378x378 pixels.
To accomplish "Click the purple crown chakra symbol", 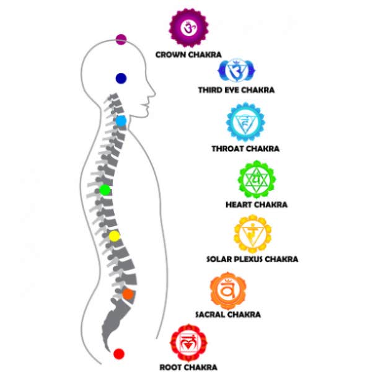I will point(188,28).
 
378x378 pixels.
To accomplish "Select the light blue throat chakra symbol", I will point(245,123).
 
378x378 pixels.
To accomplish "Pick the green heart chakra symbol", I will point(255,180).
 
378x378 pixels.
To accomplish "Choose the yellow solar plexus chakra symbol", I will point(252,234).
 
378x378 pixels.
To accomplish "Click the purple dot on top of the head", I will point(121,40).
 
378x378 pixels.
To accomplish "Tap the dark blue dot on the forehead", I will point(121,78).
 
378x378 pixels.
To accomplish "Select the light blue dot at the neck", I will point(121,120).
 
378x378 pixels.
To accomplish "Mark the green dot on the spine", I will point(105,190).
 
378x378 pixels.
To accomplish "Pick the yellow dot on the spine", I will point(115,235).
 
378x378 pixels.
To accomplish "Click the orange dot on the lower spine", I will point(128,294).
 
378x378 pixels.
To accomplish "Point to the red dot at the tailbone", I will point(119,353).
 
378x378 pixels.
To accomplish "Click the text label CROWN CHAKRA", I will point(188,55).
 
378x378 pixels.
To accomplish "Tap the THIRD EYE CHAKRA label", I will point(236,90).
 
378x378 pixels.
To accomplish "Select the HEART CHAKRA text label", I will point(256,204).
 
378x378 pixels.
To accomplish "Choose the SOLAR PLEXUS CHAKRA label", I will point(252,259).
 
